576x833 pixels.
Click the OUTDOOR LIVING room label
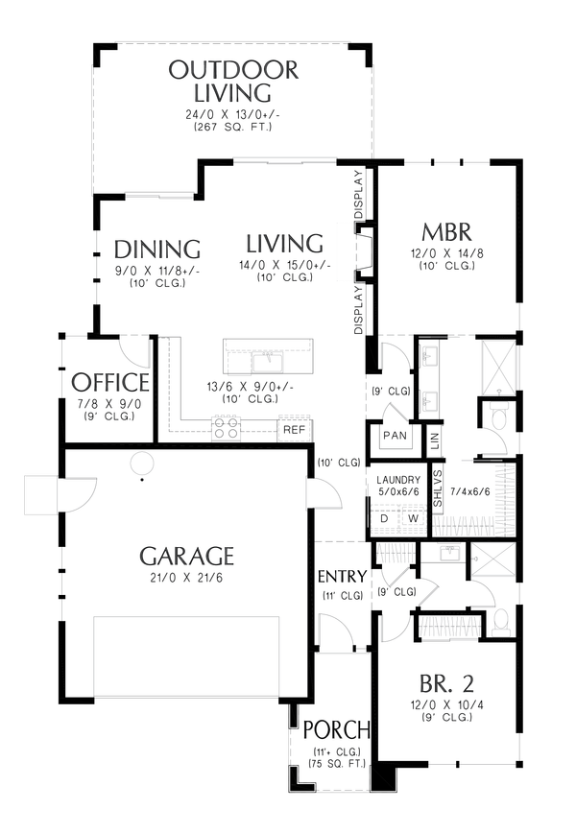point(232,82)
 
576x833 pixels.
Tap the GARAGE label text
point(186,557)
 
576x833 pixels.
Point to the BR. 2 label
point(446,685)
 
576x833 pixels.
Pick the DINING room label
point(156,249)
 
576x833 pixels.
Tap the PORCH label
point(335,728)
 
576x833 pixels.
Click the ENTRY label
point(342,577)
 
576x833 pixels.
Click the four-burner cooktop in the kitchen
point(227,428)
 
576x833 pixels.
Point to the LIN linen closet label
point(434,440)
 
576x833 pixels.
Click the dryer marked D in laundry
point(384,519)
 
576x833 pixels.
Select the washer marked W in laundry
point(414,519)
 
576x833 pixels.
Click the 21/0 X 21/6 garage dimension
point(186,577)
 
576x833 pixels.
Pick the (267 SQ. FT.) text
point(232,127)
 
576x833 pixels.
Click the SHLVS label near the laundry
point(437,488)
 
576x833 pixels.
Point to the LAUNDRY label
point(398,480)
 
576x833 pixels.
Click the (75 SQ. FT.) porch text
point(335,764)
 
